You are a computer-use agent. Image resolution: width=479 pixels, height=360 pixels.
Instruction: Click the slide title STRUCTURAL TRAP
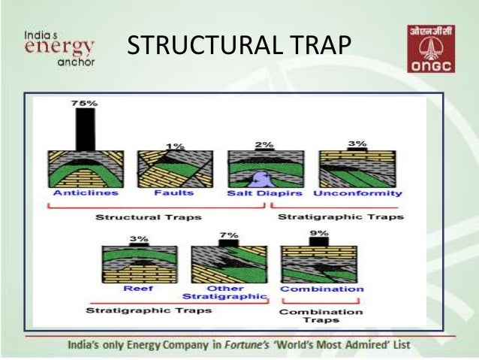(239, 46)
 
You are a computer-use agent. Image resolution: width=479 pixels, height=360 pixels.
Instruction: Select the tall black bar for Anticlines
(86, 129)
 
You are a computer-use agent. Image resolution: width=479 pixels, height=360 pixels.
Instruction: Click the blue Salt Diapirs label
(264, 193)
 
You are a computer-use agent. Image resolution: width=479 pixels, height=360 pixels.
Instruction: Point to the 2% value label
(264, 143)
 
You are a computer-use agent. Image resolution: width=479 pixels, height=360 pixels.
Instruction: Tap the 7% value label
(227, 235)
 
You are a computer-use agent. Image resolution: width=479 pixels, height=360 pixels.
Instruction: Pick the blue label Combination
(321, 289)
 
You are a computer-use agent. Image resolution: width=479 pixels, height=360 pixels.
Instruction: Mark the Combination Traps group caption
(322, 315)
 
